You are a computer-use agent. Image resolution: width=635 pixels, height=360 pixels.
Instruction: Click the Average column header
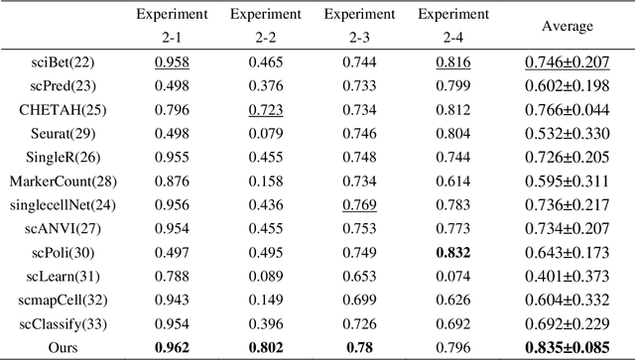(566, 27)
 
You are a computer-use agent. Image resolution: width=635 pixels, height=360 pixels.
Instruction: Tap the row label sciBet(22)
(58, 61)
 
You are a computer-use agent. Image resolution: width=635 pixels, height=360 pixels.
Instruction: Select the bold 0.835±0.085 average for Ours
(566, 345)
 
